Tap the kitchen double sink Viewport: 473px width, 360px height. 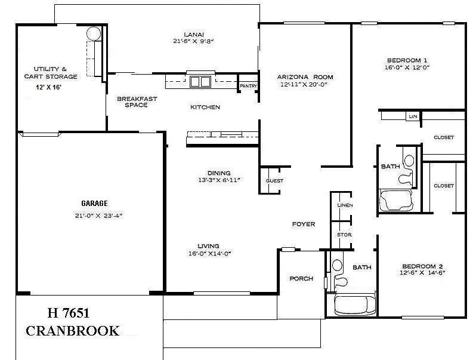[200, 82]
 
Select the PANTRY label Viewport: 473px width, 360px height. [248, 86]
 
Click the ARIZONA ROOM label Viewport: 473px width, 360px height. [305, 77]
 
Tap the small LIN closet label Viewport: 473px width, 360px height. [412, 116]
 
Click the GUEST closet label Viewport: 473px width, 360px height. [274, 181]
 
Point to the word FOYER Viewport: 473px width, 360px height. [303, 224]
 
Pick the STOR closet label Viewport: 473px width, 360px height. [344, 235]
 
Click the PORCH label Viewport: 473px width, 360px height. [301, 278]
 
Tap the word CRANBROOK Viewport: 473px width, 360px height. [72, 331]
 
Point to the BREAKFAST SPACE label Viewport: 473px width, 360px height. [137, 102]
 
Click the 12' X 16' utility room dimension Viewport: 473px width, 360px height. [48, 88]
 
